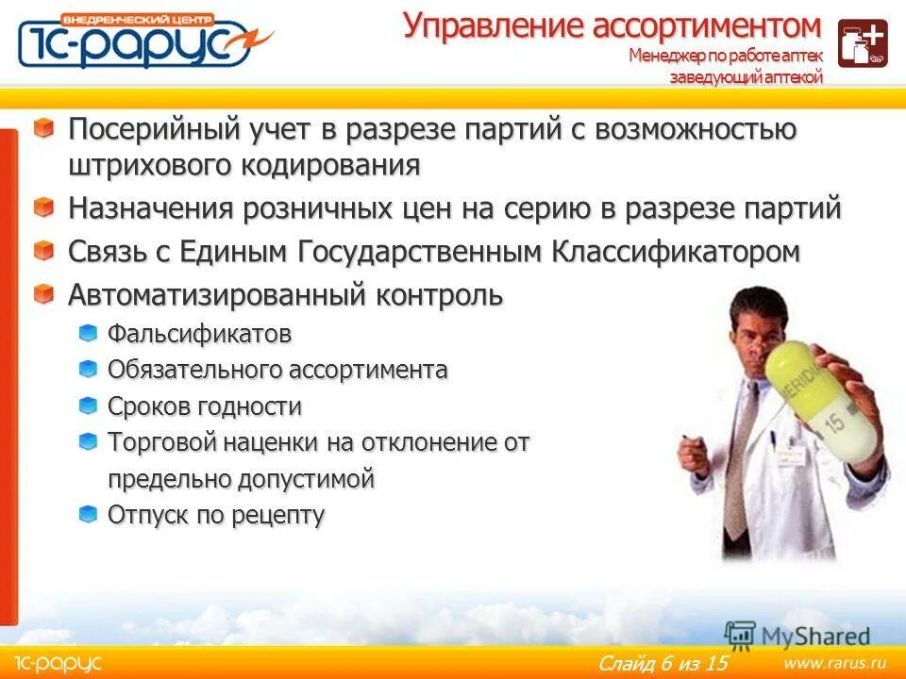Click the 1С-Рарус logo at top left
coord(142,41)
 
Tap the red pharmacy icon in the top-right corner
coord(863,43)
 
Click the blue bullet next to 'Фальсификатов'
coord(88,332)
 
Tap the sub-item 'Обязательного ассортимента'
coord(277,370)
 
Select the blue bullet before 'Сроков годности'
coord(88,406)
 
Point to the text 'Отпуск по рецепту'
coord(216,515)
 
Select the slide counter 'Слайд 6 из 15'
coord(663,663)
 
